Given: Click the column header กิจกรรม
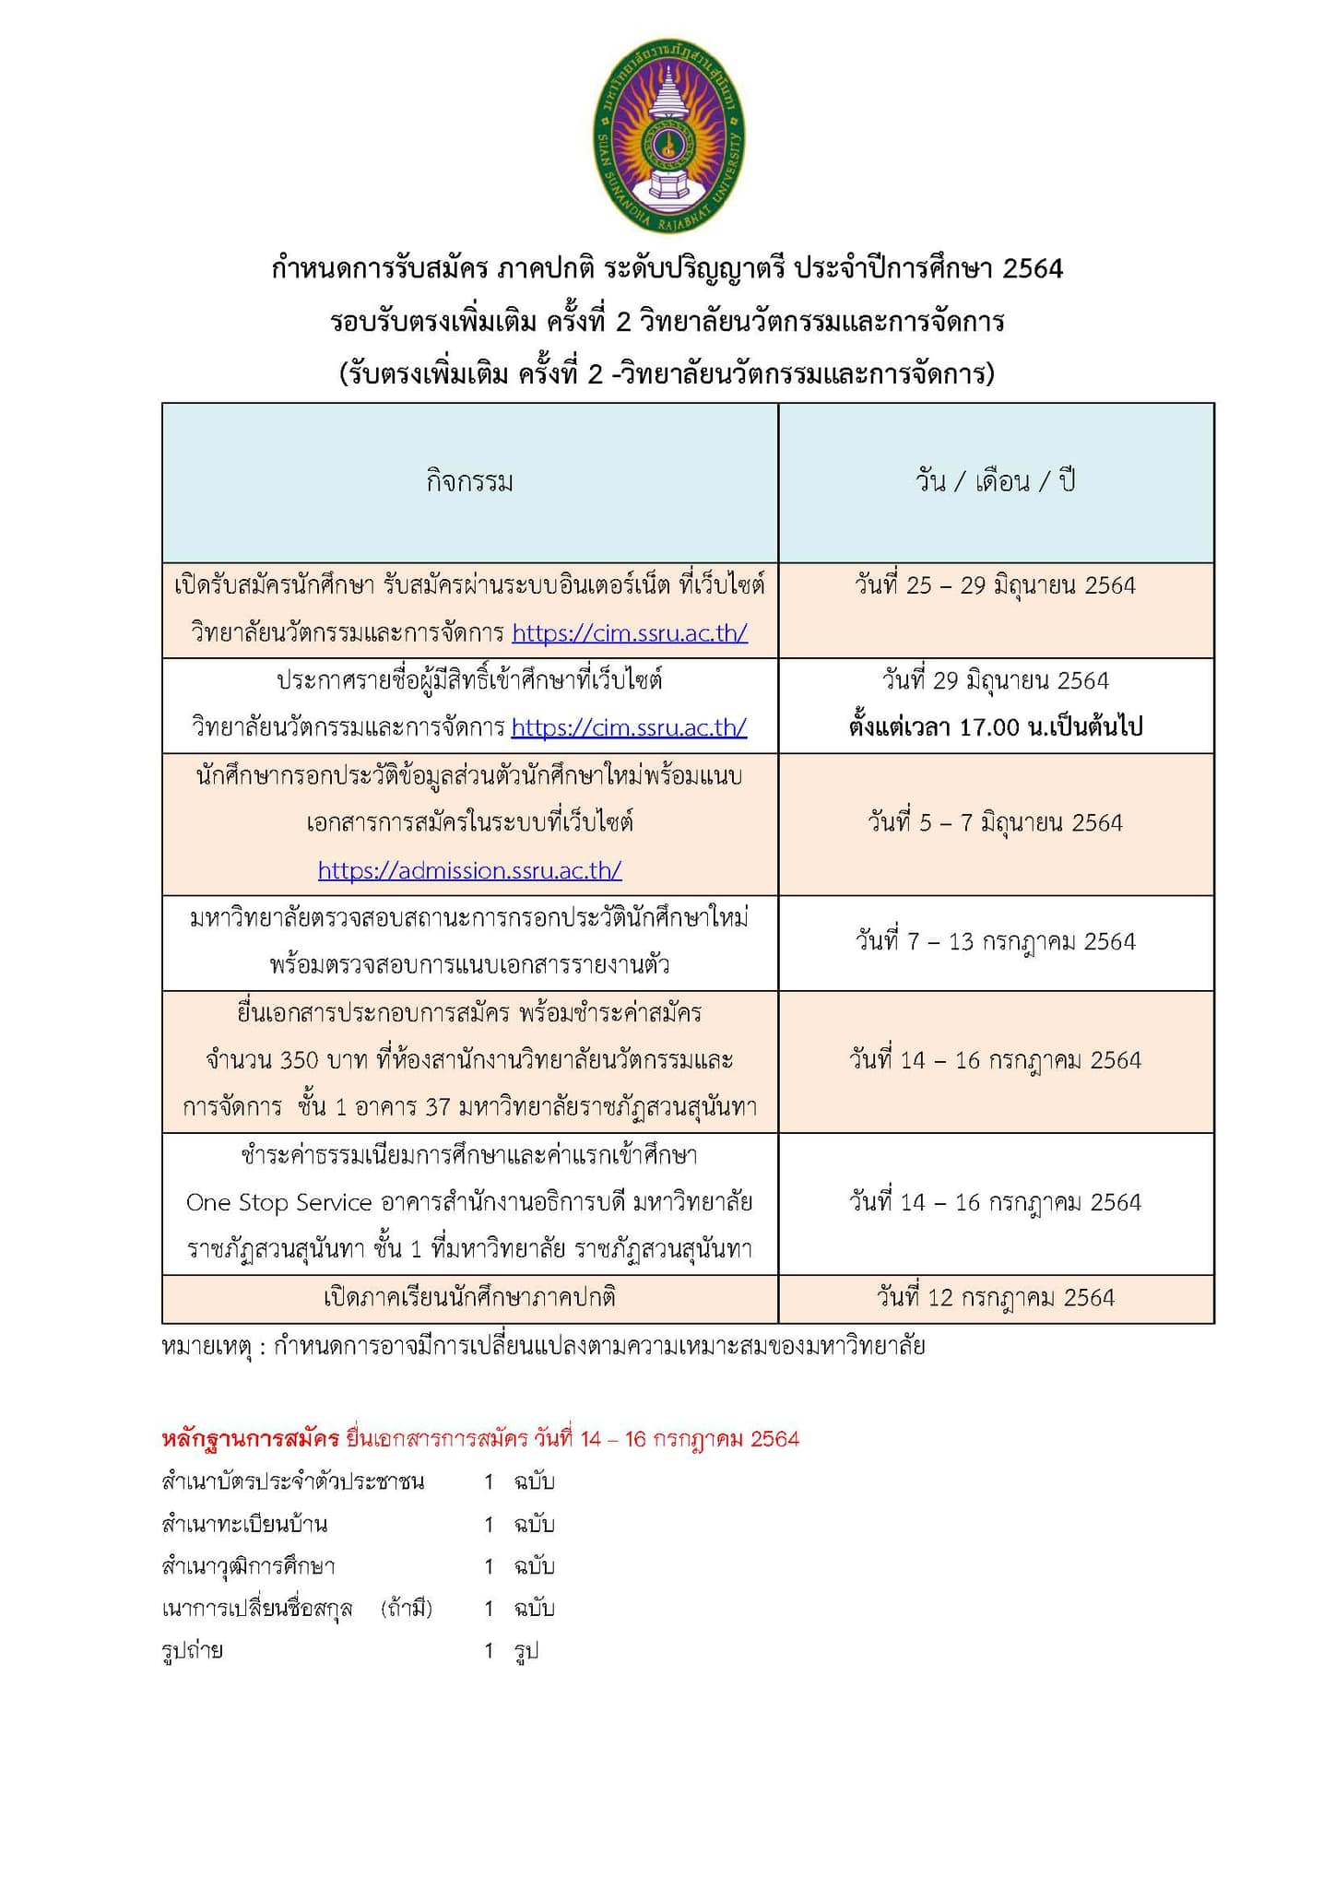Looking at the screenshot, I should tap(469, 482).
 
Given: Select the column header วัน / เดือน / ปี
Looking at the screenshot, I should tap(996, 481).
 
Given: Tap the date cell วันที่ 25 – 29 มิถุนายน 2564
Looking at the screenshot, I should tap(996, 585).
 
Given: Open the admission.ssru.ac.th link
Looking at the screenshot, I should tap(469, 869).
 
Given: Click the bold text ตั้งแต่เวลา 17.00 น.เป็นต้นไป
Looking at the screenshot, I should tap(996, 727).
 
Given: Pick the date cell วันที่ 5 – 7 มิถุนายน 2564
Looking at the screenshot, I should tap(996, 822).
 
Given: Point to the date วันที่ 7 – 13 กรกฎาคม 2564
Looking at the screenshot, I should tap(996, 941).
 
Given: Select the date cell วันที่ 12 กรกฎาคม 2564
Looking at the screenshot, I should tap(996, 1297).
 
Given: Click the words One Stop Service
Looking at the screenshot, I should tap(278, 1202).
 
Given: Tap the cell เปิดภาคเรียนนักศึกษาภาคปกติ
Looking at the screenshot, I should tap(469, 1297).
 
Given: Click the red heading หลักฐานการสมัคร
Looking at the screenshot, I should tap(250, 1439).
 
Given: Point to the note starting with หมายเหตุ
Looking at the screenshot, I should tap(543, 1346).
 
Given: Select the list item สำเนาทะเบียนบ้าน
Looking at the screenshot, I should tap(244, 1524).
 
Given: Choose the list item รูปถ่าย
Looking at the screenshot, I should tap(192, 1650).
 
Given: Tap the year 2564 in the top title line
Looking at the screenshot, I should tap(1033, 268).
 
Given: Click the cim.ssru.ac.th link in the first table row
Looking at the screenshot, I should tap(630, 633).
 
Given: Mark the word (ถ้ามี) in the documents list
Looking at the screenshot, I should tap(407, 1609).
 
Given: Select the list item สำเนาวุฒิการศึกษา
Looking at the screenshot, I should tap(248, 1566).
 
